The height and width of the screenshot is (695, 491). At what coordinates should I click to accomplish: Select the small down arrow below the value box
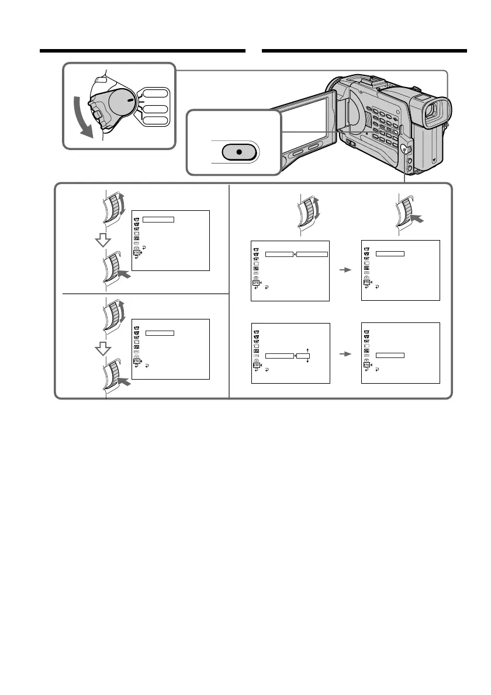(307, 362)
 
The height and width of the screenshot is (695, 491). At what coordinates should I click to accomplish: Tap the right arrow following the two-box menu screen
(345, 270)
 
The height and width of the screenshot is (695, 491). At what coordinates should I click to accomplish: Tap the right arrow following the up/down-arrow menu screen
(345, 353)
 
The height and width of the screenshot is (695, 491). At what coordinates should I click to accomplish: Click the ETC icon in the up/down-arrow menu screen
(256, 366)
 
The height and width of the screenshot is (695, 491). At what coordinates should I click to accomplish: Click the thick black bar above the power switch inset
(142, 51)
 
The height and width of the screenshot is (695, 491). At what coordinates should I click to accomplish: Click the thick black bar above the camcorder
(364, 51)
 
